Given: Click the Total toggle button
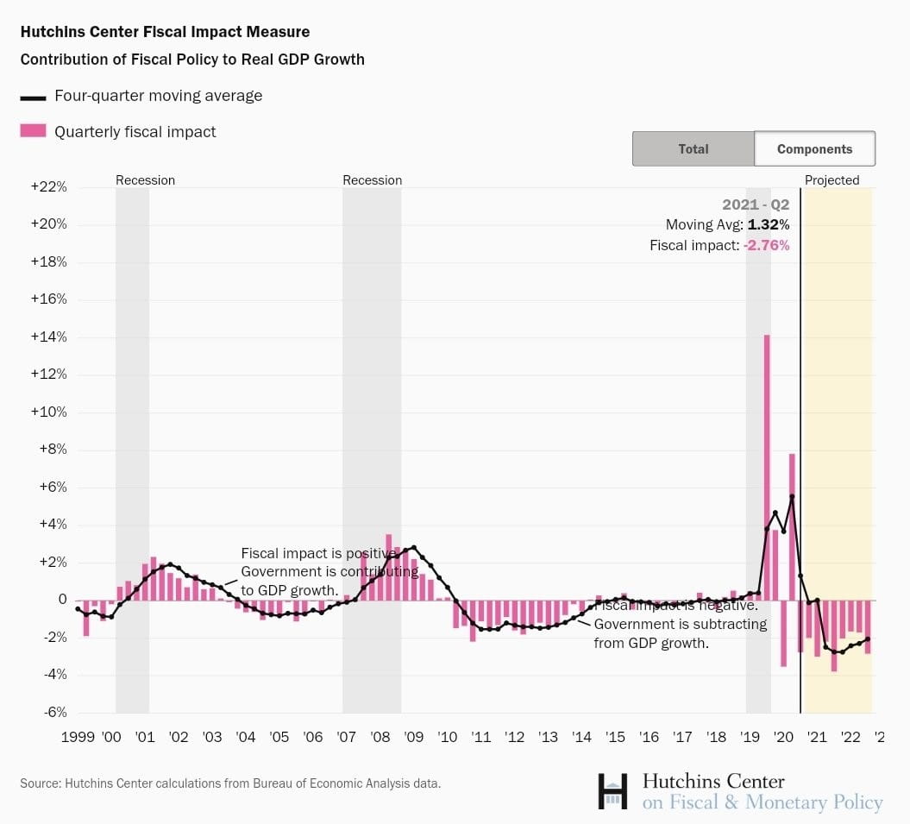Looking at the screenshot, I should click(x=693, y=148).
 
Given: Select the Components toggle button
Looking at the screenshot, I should click(x=814, y=148).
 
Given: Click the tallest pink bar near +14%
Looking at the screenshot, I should click(x=767, y=466).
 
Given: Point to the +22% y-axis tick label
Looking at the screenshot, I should click(x=49, y=187).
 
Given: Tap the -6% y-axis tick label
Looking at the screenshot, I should click(x=51, y=712).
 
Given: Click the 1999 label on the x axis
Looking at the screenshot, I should click(x=78, y=738).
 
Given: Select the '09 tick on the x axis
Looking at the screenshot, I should click(x=414, y=738).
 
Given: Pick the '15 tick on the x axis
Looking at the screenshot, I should click(x=615, y=738).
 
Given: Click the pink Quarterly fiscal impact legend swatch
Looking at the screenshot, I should click(x=33, y=131).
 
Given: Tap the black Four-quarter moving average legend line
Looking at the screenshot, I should click(x=33, y=97).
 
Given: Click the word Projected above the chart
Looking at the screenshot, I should click(x=832, y=180).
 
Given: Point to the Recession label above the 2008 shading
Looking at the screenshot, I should click(x=372, y=180).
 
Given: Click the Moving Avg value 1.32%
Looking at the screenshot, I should click(x=768, y=225).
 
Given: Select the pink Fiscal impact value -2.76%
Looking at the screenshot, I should click(x=766, y=245).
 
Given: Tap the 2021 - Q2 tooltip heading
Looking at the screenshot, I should click(x=756, y=205).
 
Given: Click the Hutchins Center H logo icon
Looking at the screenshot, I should click(x=612, y=791).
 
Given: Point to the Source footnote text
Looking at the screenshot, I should click(x=230, y=784).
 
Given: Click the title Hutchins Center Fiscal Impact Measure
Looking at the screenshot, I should click(x=165, y=32).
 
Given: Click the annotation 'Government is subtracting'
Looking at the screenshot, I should click(x=680, y=624).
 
